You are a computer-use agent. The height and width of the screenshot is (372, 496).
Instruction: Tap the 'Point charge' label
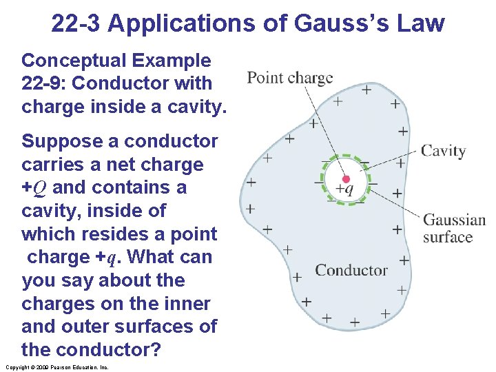289,78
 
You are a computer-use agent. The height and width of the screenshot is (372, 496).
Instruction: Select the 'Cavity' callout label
443,151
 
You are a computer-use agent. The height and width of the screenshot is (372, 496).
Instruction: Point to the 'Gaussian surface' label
454,229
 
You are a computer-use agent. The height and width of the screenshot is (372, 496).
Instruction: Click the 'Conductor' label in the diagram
351,270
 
